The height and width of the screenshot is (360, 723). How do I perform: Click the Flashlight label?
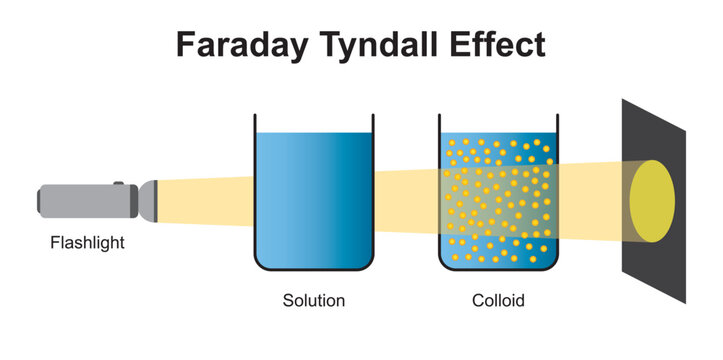click(87, 242)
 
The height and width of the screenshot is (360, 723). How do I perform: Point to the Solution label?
click(313, 300)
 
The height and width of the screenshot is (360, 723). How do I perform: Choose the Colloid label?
click(498, 300)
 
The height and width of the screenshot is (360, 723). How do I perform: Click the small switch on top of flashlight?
click(118, 183)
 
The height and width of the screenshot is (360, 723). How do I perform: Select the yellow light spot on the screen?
click(651, 199)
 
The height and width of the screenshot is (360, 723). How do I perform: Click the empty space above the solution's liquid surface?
click(313, 122)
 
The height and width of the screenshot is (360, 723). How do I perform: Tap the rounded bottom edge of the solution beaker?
click(313, 268)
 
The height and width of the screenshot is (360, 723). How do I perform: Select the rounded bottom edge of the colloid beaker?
click(498, 268)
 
